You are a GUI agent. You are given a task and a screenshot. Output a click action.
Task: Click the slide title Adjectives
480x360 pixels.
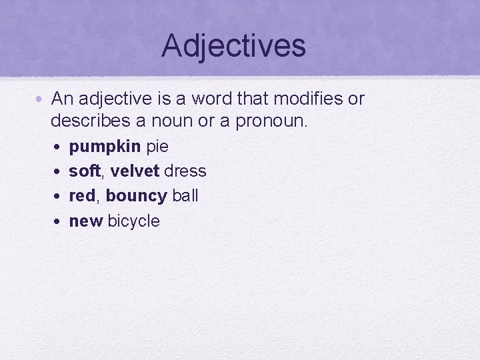click(x=233, y=45)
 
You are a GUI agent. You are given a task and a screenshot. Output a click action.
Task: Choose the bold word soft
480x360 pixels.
click(x=85, y=171)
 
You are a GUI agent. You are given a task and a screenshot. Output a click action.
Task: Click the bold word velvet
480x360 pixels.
click(x=135, y=171)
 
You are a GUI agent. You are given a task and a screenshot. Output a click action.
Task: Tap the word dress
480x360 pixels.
click(x=185, y=171)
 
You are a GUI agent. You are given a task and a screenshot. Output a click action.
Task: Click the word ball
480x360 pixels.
click(x=185, y=196)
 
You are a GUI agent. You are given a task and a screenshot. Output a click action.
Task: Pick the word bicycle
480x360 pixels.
click(x=134, y=221)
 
